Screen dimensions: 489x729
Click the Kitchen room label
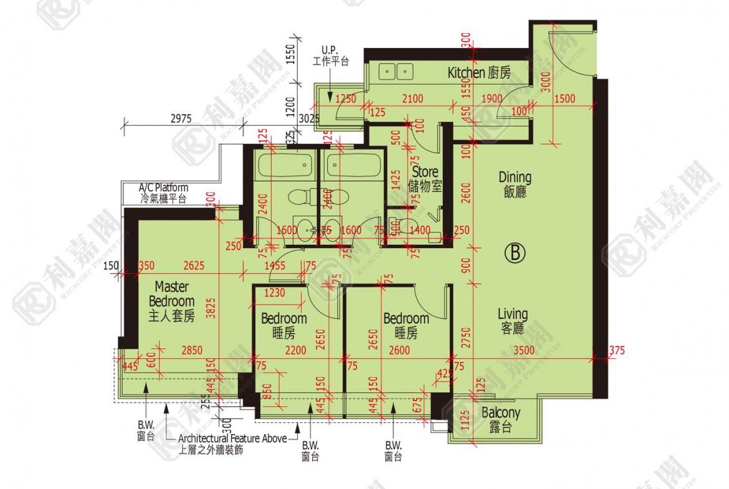coord(479,73)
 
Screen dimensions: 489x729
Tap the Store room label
coord(425,178)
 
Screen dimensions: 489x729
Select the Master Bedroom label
coord(171,301)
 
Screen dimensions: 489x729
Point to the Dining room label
coord(515,184)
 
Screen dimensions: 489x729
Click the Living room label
coord(513,321)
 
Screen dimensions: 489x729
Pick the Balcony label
coord(500,419)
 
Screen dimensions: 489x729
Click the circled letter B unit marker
coord(515,252)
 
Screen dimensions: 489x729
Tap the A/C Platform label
coord(163,193)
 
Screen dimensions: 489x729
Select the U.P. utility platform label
coord(330,55)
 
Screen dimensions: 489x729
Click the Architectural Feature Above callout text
coord(232,439)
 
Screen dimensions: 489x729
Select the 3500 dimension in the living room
coord(524,351)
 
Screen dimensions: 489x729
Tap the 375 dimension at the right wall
coord(616,351)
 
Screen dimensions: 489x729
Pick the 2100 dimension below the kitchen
coord(412,98)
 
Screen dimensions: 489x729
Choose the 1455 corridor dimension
coord(275,266)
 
